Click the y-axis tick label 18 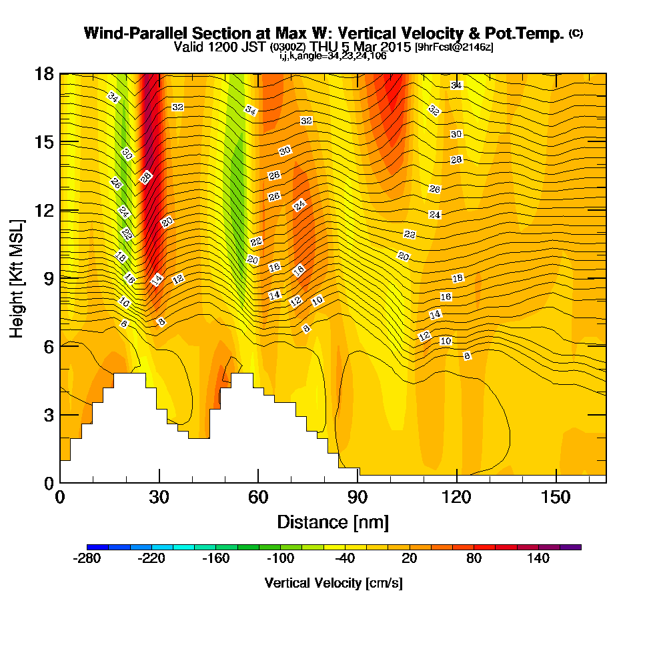click(44, 74)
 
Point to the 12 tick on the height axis click(44, 210)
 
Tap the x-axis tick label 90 click(358, 497)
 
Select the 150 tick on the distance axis click(556, 497)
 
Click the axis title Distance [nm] click(333, 522)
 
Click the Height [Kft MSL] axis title click(17, 279)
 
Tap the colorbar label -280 click(87, 558)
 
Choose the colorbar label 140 click(538, 558)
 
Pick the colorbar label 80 click(474, 558)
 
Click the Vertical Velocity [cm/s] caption click(333, 583)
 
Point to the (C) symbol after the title click(576, 33)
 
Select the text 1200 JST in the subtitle click(236, 47)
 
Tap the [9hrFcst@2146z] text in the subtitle click(454, 47)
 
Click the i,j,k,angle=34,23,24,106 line click(333, 56)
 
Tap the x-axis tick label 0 click(60, 497)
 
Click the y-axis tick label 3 click(49, 415)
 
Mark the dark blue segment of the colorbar click(97, 547)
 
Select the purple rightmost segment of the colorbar click(570, 547)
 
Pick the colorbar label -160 click(216, 558)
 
